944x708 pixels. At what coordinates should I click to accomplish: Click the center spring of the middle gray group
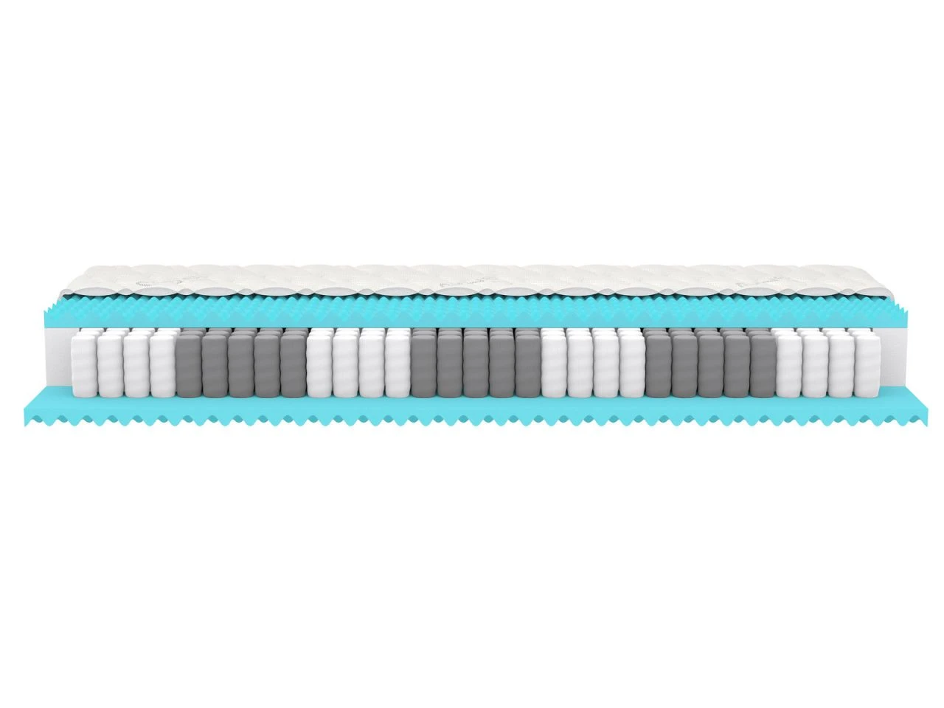(475, 366)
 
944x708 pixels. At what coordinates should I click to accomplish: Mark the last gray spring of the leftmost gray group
(292, 366)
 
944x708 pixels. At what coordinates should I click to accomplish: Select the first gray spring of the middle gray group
(423, 366)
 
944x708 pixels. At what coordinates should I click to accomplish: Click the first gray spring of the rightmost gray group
(657, 366)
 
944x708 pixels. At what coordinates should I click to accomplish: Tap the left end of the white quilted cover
(70, 280)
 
